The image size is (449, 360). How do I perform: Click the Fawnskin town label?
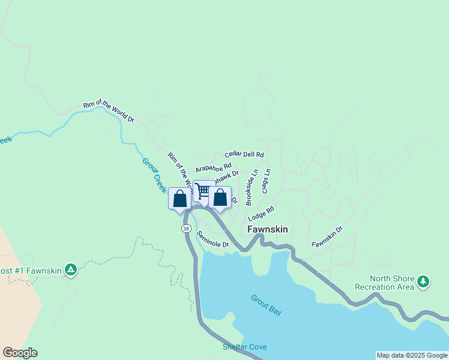tap(268, 229)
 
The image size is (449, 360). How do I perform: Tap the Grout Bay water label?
tap(266, 305)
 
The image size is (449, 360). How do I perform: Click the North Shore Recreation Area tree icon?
tap(424, 281)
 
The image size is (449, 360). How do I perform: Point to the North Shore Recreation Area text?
tap(393, 283)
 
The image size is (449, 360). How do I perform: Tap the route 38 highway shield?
tap(186, 229)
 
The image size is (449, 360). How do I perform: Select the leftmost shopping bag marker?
tap(179, 199)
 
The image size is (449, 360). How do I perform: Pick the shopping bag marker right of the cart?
tap(220, 197)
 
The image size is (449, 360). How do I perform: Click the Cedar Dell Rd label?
tap(244, 155)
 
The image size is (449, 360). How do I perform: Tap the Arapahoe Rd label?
tap(213, 167)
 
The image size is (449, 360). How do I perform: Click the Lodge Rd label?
tap(261, 213)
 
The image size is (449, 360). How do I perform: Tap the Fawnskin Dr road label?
tap(327, 236)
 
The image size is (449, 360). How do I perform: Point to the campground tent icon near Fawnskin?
tap(71, 270)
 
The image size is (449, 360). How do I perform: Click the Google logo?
tap(20, 353)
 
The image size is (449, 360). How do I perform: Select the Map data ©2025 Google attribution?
tap(411, 355)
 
